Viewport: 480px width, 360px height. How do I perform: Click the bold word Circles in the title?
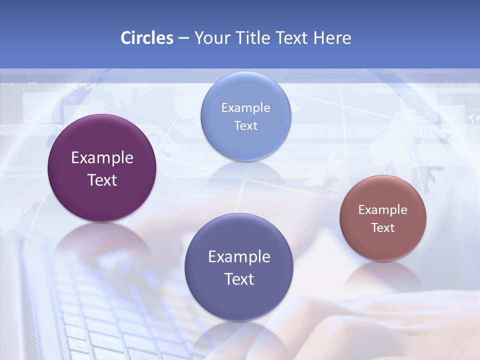(146, 38)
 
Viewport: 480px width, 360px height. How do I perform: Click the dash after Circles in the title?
(183, 38)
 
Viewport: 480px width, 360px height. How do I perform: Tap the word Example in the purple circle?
(102, 158)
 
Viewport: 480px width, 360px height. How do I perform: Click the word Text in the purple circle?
(102, 180)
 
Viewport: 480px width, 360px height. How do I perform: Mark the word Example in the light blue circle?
(245, 108)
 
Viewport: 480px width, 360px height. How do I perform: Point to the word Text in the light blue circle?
(245, 126)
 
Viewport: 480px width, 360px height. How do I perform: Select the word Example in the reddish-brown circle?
(383, 210)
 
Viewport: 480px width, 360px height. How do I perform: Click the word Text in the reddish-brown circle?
(383, 228)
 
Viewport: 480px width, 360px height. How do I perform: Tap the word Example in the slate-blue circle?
(239, 257)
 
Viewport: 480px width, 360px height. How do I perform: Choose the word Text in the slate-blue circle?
(239, 279)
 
